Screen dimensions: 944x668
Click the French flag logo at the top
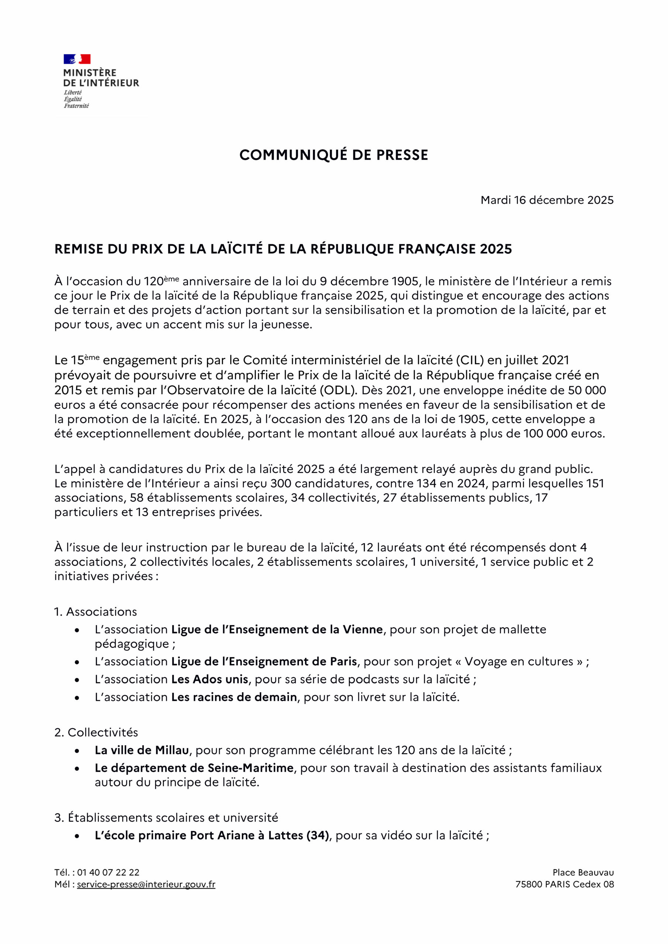coord(77,59)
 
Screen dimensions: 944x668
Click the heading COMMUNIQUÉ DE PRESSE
coord(334,155)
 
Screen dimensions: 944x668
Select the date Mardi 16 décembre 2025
coord(547,200)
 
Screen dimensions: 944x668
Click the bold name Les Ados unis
coord(210,679)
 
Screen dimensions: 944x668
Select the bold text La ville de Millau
coord(142,750)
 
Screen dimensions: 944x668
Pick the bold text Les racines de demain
coord(234,697)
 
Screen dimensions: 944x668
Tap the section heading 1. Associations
coord(96,612)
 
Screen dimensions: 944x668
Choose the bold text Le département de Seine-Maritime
coord(194,768)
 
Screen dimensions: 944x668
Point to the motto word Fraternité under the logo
coord(76,106)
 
